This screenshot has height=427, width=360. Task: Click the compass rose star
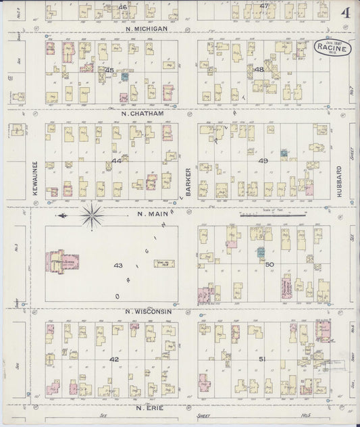(93, 216)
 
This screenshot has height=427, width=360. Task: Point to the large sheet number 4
(345, 14)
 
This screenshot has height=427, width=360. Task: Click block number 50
(269, 263)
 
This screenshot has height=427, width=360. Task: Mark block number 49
(263, 161)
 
